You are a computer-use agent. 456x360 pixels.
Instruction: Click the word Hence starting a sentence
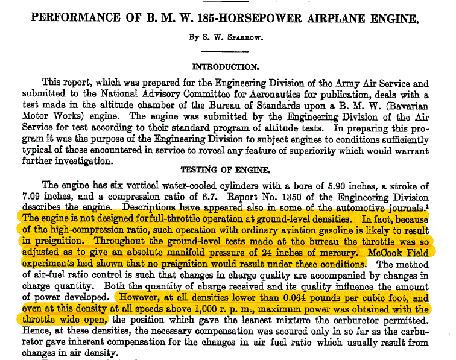pos(34,330)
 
